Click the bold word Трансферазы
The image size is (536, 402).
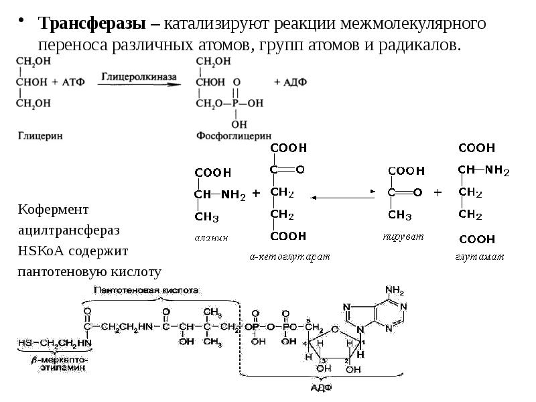pos(92,24)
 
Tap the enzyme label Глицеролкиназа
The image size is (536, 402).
pos(139,77)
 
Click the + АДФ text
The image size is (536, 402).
pos(291,82)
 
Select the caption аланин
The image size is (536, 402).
pos(212,237)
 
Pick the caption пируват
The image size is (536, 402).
pos(400,237)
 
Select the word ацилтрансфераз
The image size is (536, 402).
pos(69,230)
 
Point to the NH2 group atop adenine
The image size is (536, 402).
pos(394,291)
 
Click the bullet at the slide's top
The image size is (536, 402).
pos(23,19)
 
